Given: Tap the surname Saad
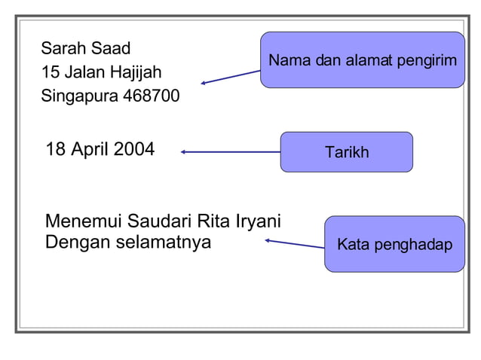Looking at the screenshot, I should point(110,49).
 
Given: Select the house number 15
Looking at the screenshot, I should point(50,73).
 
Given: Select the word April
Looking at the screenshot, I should point(90,150).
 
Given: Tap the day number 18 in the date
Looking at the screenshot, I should point(56,149).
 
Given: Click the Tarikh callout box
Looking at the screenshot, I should point(346,152).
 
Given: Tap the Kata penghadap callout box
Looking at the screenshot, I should point(394,244).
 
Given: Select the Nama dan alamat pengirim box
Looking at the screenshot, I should point(362,60).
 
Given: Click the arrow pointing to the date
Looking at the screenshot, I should point(230,152).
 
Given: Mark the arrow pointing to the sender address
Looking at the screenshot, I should point(231,77).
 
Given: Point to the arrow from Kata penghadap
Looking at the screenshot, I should point(294,243).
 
